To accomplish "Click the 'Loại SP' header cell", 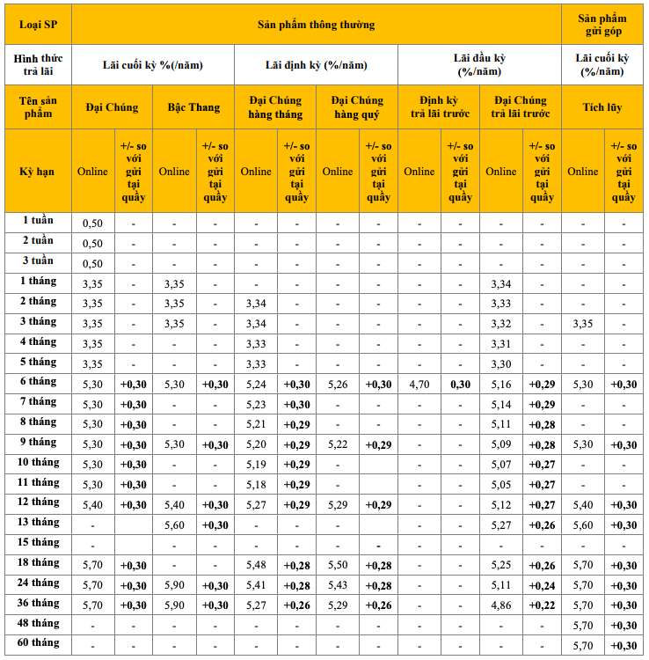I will [37, 24].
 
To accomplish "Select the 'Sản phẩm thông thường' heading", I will [316, 24].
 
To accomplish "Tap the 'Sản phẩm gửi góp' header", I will [602, 24].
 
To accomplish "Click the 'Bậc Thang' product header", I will [193, 107].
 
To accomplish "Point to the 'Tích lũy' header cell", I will [602, 107].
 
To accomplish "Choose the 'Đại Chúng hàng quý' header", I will [356, 107].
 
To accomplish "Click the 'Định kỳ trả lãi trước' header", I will [438, 107].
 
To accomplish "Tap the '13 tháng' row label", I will [37, 523].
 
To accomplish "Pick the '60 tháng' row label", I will [37, 643].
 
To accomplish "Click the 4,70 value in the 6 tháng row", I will [419, 385].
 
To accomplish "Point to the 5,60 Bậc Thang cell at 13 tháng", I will [174, 525].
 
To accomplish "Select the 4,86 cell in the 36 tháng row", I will [500, 605].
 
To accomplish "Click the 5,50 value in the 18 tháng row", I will [338, 565].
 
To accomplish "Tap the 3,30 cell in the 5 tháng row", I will [500, 364].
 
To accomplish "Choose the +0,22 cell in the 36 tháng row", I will [542, 605].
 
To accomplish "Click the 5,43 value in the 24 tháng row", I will [338, 585].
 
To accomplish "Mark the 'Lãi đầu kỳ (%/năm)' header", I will [479, 64].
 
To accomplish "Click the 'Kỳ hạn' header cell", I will [37, 171].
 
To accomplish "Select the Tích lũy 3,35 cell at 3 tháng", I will [582, 324].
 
